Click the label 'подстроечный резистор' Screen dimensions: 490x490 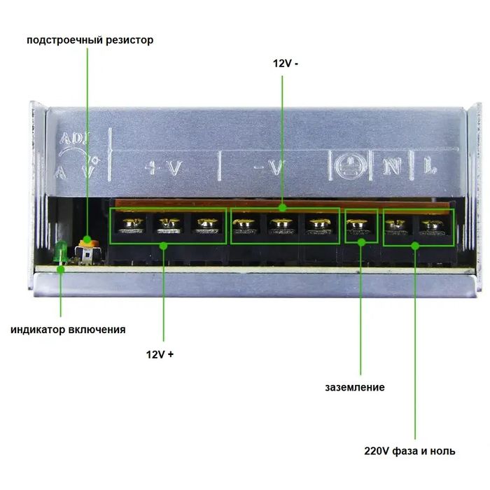pos(90,41)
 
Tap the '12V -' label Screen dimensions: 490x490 pos(286,64)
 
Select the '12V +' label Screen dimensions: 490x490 pos(160,354)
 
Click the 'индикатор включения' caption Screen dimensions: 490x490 pos(68,330)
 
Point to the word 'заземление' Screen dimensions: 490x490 pos(355,388)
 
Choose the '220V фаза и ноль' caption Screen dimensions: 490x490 pos(409,451)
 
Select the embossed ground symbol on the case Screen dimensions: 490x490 pos(350,166)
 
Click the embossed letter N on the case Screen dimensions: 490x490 pos(392,167)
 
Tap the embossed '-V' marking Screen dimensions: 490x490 pos(269,168)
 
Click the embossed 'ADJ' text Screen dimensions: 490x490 pos(75,138)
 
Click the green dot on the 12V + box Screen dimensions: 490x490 pos(163,246)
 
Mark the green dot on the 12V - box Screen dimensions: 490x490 pos(283,208)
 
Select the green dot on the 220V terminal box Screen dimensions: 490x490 pos(415,246)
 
